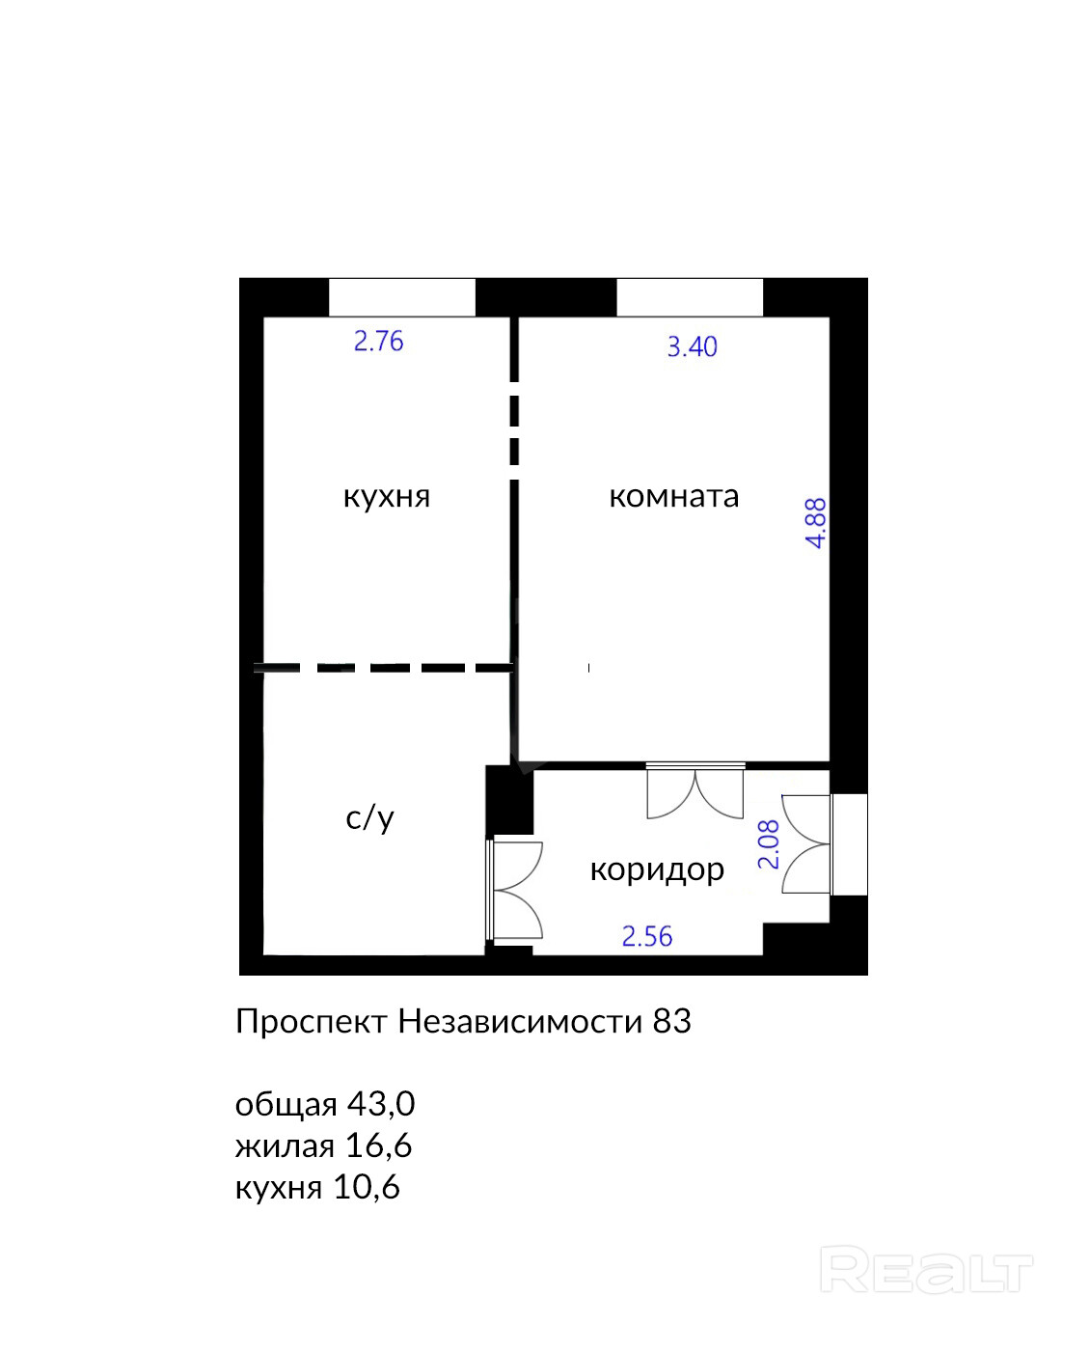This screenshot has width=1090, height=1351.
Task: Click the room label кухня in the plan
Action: point(386,497)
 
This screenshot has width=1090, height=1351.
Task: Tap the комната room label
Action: point(674,496)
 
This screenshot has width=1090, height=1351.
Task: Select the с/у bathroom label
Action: point(369,817)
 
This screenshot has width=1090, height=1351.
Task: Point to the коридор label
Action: point(657,869)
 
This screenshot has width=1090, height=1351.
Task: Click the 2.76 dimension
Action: point(378,342)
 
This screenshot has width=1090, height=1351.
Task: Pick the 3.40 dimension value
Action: point(692,347)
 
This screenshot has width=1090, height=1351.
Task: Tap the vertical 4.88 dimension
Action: point(816,523)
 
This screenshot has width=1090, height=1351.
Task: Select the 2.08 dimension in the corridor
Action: point(769,844)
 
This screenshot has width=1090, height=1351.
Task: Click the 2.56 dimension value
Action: point(647,937)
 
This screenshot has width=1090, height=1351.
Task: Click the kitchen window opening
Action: point(402,297)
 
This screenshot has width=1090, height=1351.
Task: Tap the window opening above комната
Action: point(690,297)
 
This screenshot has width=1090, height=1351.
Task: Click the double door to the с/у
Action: point(515,891)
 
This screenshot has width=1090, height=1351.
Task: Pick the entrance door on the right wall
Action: point(807,844)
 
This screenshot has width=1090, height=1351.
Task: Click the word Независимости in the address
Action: point(520,1022)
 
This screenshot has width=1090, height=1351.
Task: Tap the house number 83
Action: point(672,1022)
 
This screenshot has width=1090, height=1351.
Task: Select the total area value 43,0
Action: point(380,1104)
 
